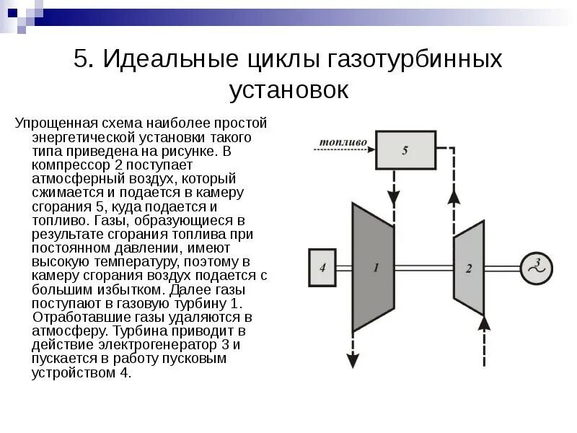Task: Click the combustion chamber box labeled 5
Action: pyautogui.click(x=405, y=149)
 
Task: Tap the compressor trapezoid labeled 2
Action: pyautogui.click(x=468, y=268)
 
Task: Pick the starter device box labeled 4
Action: pyautogui.click(x=322, y=268)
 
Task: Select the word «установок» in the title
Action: pyautogui.click(x=288, y=89)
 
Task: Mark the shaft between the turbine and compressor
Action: pyautogui.click(x=423, y=268)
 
